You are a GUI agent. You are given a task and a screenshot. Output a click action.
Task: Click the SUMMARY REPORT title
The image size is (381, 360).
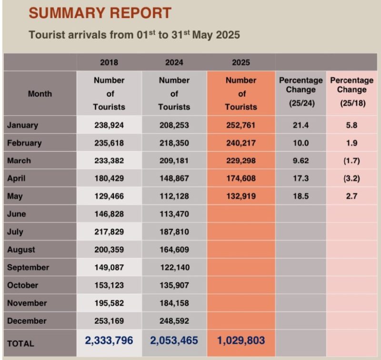coord(100,13)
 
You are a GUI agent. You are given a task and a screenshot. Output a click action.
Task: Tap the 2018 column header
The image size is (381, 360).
coord(109,62)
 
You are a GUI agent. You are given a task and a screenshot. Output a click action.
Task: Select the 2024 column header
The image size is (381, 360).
coord(174,62)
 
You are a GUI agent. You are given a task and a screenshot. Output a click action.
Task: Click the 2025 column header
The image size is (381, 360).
coord(241,62)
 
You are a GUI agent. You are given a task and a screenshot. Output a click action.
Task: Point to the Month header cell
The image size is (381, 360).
coord(40,93)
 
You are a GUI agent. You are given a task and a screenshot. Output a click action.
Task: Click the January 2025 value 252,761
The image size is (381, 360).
coord(241,125)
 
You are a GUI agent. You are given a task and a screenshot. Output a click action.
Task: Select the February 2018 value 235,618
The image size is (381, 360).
coord(109,143)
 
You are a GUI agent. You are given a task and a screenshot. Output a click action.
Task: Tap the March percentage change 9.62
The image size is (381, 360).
coord(301,161)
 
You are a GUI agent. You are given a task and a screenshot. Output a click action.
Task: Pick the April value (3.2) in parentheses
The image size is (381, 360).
coord(351,178)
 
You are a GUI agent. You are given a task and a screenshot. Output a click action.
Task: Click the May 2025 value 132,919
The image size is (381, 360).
coord(241,196)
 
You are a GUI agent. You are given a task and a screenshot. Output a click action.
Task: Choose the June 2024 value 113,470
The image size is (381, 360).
coord(174,214)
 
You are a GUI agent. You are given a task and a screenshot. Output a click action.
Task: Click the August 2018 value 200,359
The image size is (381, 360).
coord(109,249)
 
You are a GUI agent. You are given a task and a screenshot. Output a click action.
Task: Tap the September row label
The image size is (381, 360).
coord(28,267)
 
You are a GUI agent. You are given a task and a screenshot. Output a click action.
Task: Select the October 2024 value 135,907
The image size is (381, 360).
coord(174,285)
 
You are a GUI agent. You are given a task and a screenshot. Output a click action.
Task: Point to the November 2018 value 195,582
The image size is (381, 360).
coord(109,303)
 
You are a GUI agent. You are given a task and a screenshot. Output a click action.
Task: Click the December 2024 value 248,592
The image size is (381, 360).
coord(174,321)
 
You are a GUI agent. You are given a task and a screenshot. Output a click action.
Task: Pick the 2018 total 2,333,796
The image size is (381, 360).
coord(109,341)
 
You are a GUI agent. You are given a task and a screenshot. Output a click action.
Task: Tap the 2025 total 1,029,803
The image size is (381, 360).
coord(241,341)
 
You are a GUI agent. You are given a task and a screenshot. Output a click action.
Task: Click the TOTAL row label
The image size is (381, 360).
coord(20,343)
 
